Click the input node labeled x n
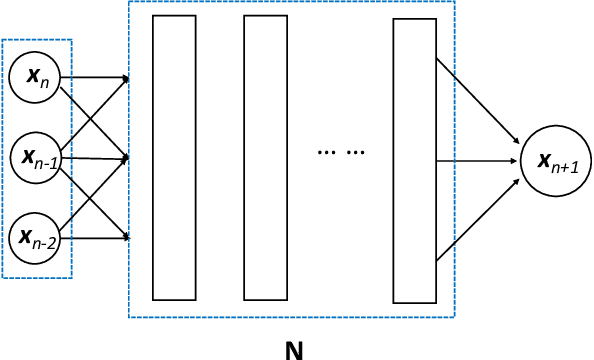coord(34,76)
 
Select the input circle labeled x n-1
coord(34,156)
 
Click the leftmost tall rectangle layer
coord(174,158)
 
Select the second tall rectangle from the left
coord(266,158)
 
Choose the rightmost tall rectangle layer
coord(415,160)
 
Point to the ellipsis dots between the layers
coord(341,152)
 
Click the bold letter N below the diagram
coord(294,349)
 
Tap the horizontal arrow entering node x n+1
coord(478,159)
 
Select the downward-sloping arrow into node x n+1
coord(478,100)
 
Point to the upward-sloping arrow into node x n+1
coord(478,220)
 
